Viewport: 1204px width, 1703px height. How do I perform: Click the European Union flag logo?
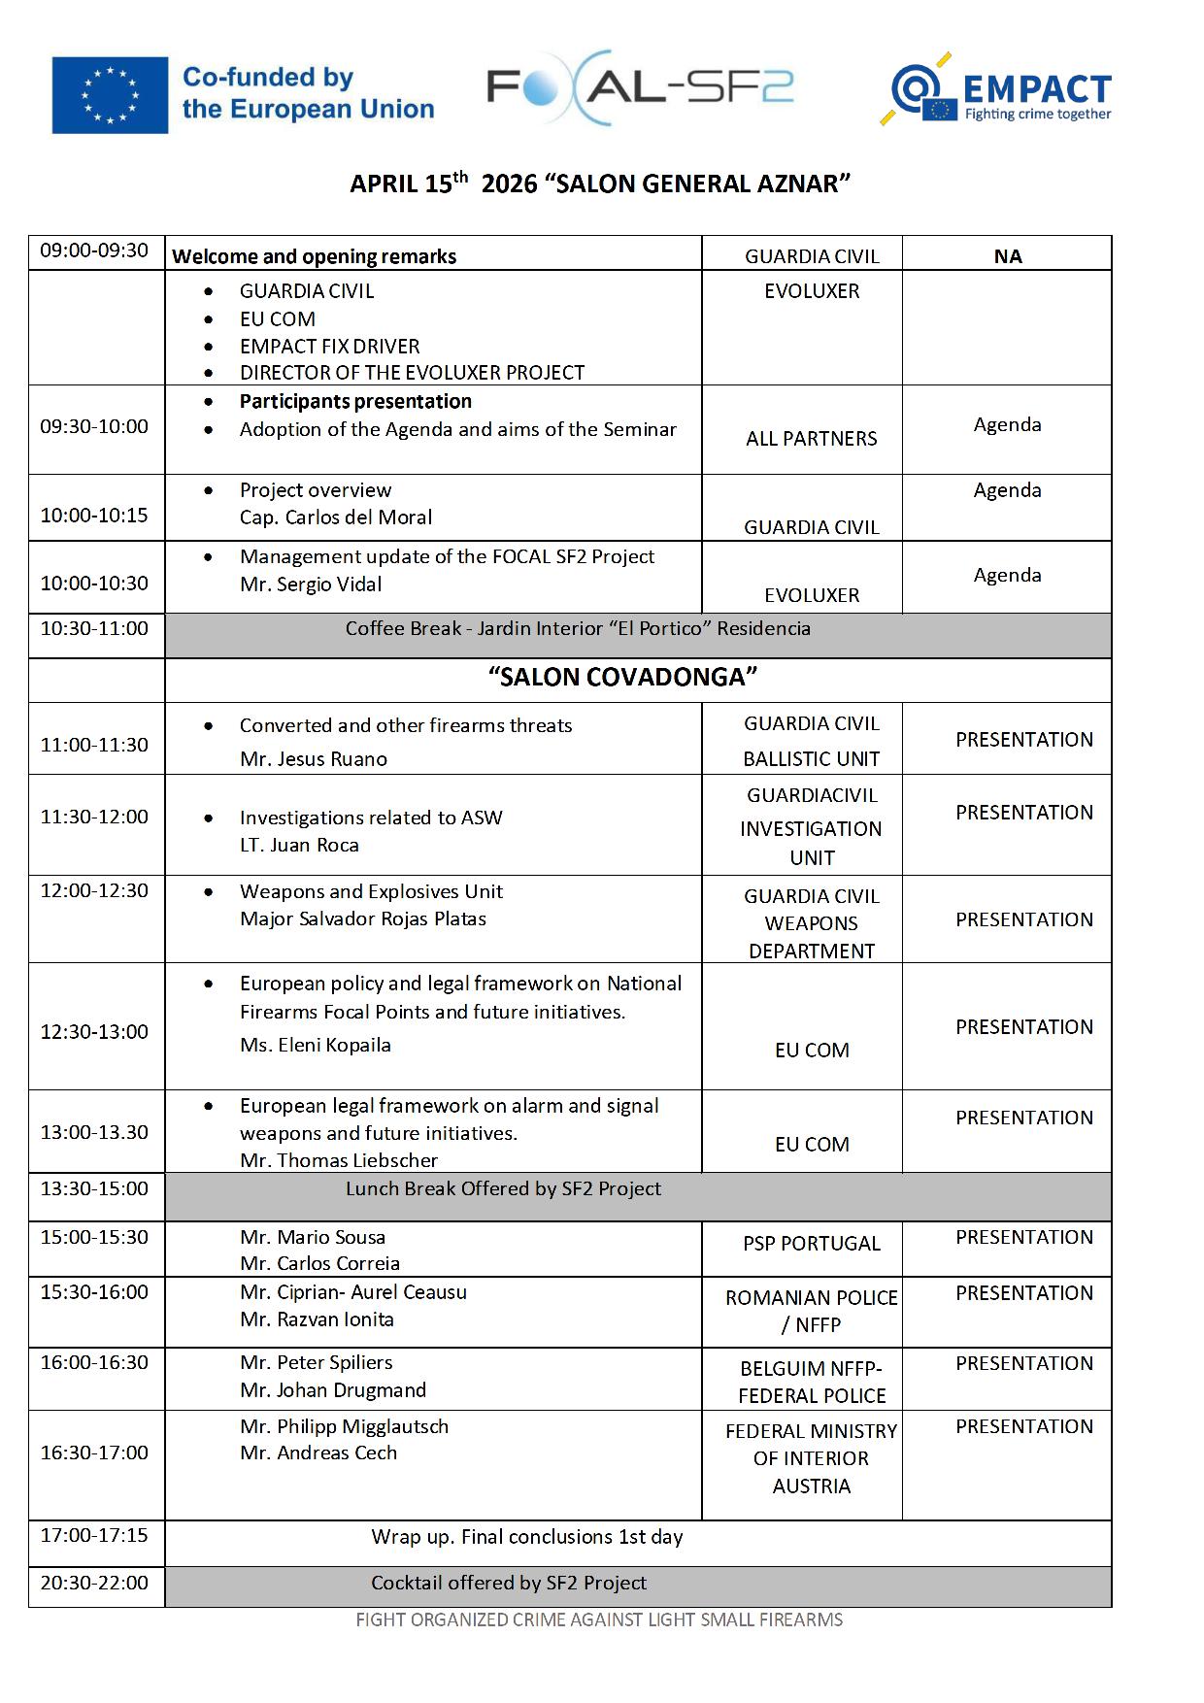pos(110,94)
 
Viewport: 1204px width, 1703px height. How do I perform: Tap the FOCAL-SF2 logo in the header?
pos(640,88)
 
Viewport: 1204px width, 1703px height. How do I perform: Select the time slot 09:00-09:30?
pos(94,250)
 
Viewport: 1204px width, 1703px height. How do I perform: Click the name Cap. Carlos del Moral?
pos(336,518)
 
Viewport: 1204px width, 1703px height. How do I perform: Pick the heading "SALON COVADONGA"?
pos(622,678)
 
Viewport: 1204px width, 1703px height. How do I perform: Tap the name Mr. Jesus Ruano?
pos(314,759)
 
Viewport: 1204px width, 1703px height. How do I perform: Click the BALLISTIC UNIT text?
pos(812,759)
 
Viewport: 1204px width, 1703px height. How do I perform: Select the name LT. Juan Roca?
pos(299,846)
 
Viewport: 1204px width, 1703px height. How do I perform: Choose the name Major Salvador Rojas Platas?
pos(363,919)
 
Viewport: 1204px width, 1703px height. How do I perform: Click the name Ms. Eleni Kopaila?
pos(316,1046)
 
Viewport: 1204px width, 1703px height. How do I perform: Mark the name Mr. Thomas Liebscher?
pos(339,1160)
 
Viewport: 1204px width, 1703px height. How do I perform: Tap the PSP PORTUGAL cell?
pos(812,1244)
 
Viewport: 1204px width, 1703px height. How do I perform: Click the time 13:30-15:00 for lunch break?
pos(94,1188)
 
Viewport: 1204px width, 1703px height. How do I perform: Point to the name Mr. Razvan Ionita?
pos(318,1319)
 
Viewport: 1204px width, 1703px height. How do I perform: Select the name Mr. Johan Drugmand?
pos(333,1390)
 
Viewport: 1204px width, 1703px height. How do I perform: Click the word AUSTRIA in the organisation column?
pos(812,1486)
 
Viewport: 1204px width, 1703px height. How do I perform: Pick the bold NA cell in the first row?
pos(1008,256)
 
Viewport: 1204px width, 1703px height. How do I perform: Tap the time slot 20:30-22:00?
pos(94,1583)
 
